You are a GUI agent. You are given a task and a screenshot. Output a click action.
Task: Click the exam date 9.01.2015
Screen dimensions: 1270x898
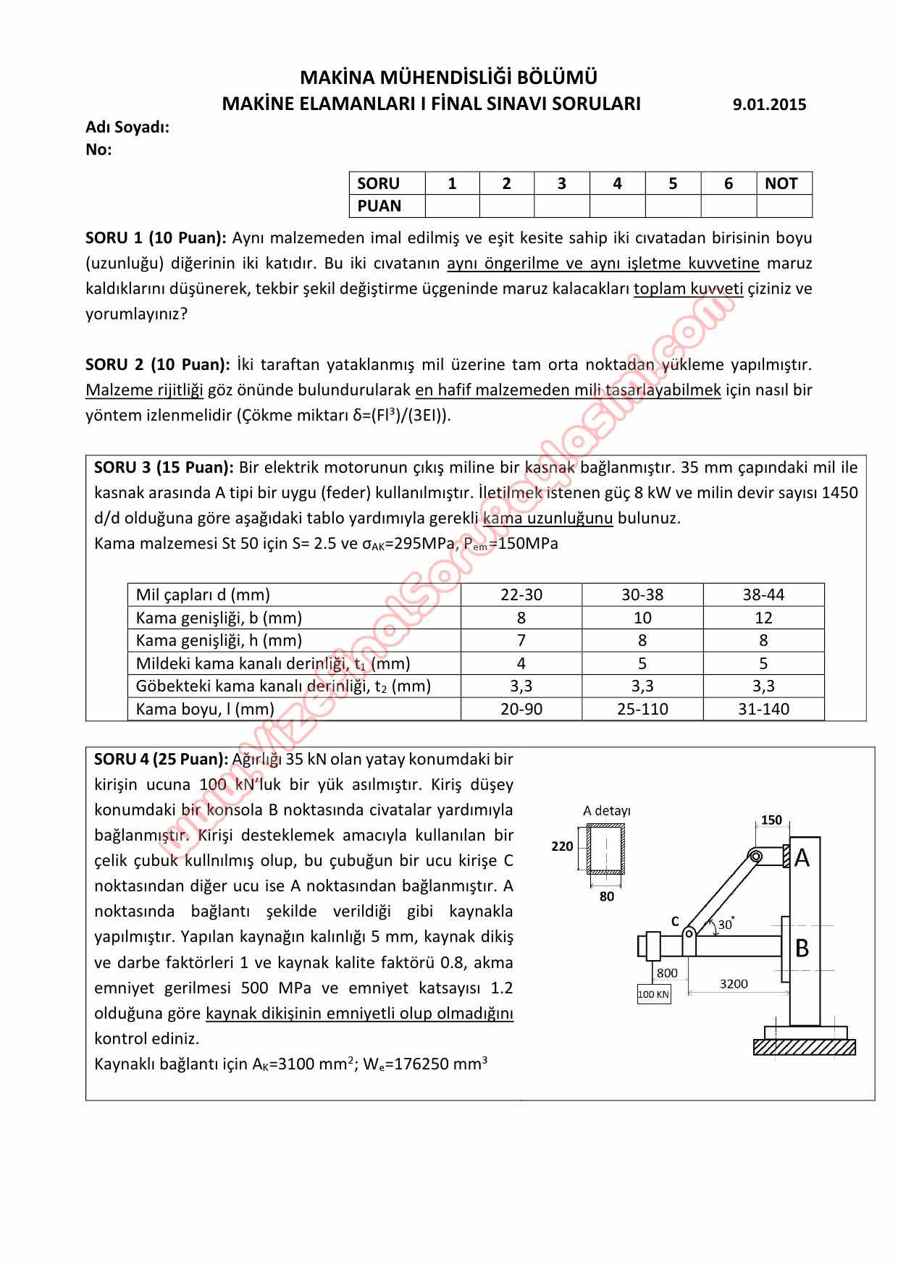click(x=769, y=105)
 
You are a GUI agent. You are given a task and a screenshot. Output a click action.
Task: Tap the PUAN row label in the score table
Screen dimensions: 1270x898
click(x=379, y=206)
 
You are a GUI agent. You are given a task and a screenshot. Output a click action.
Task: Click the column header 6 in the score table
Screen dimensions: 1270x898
click(x=728, y=184)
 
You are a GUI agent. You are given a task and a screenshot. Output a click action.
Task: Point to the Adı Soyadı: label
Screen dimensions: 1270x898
click(x=127, y=127)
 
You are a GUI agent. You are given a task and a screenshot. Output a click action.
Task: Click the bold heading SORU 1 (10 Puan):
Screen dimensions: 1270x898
click(x=156, y=238)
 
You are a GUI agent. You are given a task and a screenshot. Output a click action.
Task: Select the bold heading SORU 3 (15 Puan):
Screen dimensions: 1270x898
click(x=164, y=468)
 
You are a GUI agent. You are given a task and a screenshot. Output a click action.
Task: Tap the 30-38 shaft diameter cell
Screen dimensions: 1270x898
click(x=642, y=595)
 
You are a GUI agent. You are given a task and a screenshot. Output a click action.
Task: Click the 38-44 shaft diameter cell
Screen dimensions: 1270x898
click(x=763, y=595)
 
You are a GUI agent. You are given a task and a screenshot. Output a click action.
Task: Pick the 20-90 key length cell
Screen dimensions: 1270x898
click(x=521, y=709)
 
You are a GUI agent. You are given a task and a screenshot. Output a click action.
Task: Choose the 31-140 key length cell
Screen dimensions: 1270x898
click(x=763, y=709)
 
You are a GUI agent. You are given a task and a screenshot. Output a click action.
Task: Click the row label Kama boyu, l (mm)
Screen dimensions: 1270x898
click(x=205, y=709)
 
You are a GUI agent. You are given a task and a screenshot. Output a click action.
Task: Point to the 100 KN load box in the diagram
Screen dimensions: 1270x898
click(x=653, y=994)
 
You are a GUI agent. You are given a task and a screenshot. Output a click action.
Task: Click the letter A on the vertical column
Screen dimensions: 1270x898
click(x=802, y=858)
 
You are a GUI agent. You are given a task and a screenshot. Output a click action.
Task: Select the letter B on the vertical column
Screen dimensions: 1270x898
click(x=802, y=948)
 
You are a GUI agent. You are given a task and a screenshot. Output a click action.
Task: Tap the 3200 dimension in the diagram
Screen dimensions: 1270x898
click(x=734, y=983)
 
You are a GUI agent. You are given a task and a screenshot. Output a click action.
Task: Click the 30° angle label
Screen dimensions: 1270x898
click(x=725, y=925)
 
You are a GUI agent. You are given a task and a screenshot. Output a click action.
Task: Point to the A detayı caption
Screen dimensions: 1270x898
click(x=606, y=811)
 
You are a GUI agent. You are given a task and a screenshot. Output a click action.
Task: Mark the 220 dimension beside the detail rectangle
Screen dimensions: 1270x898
click(x=562, y=846)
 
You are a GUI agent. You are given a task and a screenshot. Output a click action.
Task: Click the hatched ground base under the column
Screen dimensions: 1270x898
click(x=804, y=1047)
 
